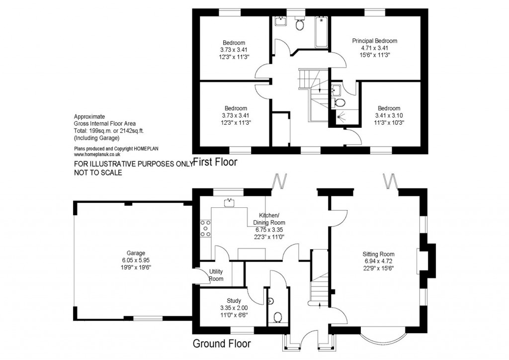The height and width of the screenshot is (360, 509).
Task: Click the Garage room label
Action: [136, 253]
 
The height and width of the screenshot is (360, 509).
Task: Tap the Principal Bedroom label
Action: [374, 40]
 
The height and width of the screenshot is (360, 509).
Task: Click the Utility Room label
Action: [216, 275]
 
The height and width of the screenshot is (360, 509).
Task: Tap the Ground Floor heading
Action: [221, 344]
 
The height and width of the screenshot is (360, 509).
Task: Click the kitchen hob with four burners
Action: [204, 228]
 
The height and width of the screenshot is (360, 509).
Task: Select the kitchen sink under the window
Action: [230, 202]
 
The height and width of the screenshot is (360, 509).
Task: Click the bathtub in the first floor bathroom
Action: [322, 32]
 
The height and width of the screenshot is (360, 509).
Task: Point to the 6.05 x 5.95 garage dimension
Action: [136, 260]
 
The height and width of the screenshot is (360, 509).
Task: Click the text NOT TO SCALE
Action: [98, 173]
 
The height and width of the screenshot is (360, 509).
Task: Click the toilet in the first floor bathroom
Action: [300, 24]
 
